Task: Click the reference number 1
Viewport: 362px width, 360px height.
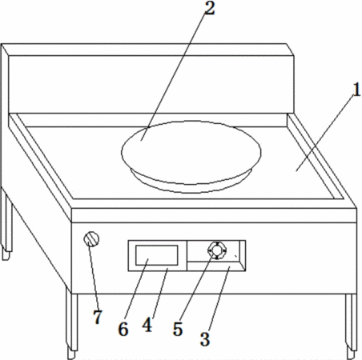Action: pos(356,90)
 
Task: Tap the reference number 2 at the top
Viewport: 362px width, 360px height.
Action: pos(210,8)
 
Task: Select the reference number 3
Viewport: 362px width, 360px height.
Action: pos(205,339)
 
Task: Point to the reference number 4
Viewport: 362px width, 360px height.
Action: pos(147,325)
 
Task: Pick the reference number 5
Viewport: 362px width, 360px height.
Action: pos(178,329)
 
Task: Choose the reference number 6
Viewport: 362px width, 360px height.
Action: pos(123,329)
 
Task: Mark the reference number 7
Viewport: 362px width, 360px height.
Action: pos(98,317)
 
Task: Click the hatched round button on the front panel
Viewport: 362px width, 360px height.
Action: pos(91,239)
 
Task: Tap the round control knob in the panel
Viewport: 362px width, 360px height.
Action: pos(217,250)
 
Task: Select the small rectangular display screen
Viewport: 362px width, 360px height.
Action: pos(157,255)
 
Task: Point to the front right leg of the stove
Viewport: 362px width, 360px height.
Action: pos(351,326)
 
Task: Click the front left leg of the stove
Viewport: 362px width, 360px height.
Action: pos(72,323)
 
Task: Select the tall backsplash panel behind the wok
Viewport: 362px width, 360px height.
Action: pos(151,84)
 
